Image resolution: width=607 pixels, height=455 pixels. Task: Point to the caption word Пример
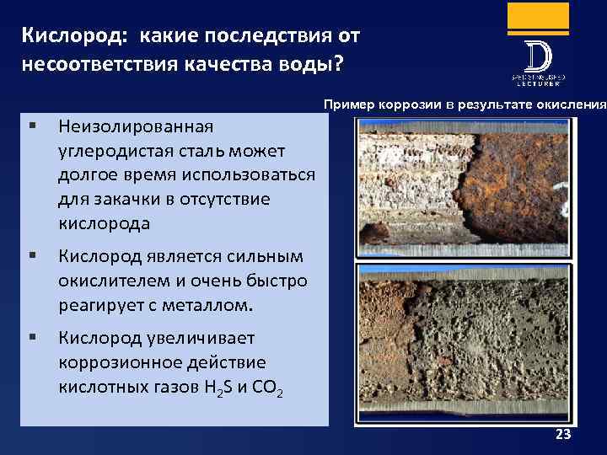pyautogui.click(x=346, y=105)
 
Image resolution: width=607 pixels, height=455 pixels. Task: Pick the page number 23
pyautogui.click(x=563, y=435)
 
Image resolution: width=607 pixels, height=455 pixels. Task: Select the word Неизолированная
pyautogui.click(x=136, y=126)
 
